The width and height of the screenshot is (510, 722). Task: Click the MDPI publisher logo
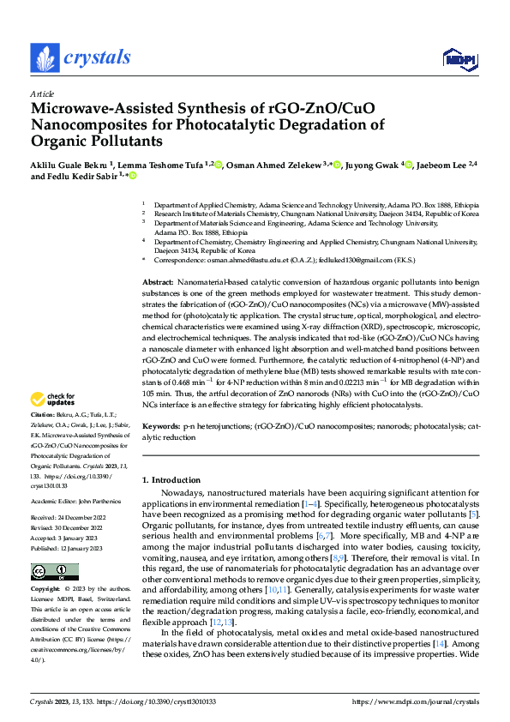tap(459, 58)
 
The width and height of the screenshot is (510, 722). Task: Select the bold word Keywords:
tap(160, 426)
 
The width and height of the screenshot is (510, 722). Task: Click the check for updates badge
tap(53, 399)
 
